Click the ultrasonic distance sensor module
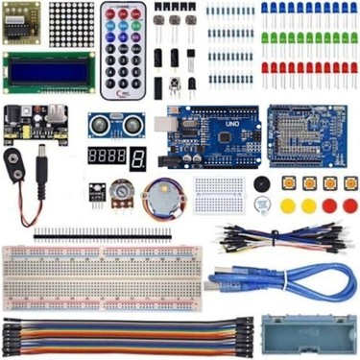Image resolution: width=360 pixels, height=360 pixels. tap(109, 124)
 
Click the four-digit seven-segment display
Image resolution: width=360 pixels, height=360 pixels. tap(107, 155)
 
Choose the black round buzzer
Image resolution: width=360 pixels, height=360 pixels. tap(258, 183)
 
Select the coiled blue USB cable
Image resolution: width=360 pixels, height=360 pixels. tap(307, 278)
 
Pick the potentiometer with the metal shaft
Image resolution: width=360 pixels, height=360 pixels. tap(120, 191)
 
